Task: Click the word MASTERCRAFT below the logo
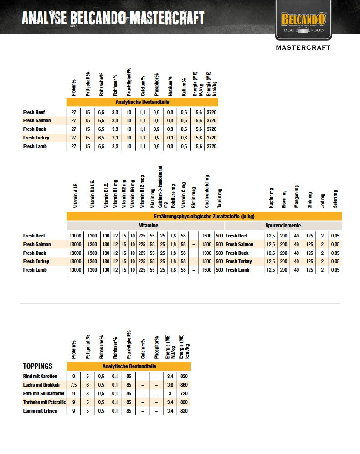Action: (303, 47)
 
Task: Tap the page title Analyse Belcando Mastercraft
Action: (113, 18)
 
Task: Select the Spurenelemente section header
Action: (283, 226)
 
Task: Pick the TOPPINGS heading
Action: (38, 366)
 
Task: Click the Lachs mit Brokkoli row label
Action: (41, 385)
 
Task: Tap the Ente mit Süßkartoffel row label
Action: (43, 393)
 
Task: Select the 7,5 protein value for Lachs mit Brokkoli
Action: (74, 385)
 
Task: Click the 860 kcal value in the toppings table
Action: (184, 385)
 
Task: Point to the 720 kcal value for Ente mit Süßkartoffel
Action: (184, 393)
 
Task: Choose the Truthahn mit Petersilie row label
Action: (45, 402)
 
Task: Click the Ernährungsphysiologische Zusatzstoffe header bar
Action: (204, 216)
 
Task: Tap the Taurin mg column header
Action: (220, 198)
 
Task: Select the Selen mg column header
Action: (336, 199)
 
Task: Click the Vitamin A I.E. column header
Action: (76, 197)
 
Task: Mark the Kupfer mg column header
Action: (272, 198)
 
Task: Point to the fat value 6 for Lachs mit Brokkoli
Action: (87, 385)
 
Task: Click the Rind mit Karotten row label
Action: (40, 376)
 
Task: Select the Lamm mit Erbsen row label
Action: (40, 411)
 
